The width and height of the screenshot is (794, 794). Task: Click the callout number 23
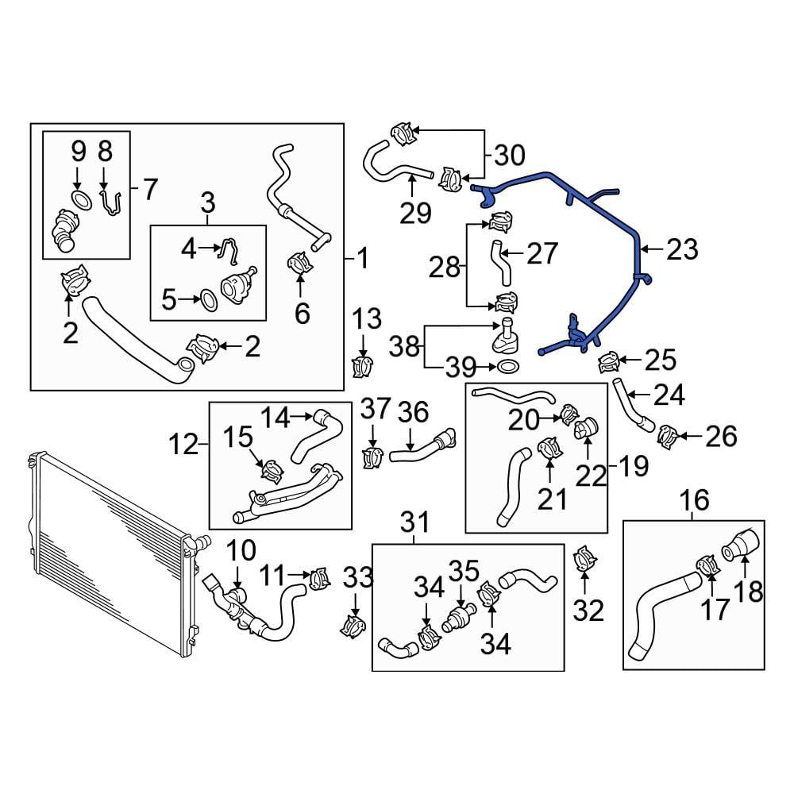683,249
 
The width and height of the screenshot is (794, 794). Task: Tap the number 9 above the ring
78,149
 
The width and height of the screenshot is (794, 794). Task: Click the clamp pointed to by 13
363,366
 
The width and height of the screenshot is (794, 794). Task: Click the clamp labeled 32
584,559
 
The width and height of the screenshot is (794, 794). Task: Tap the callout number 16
694,500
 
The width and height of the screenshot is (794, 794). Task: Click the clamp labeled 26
668,434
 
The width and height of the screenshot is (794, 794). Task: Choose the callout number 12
184,444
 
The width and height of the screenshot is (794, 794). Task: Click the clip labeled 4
227,250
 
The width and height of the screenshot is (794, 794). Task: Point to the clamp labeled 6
300,262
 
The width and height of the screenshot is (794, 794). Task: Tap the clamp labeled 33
351,624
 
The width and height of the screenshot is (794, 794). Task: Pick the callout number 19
634,466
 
